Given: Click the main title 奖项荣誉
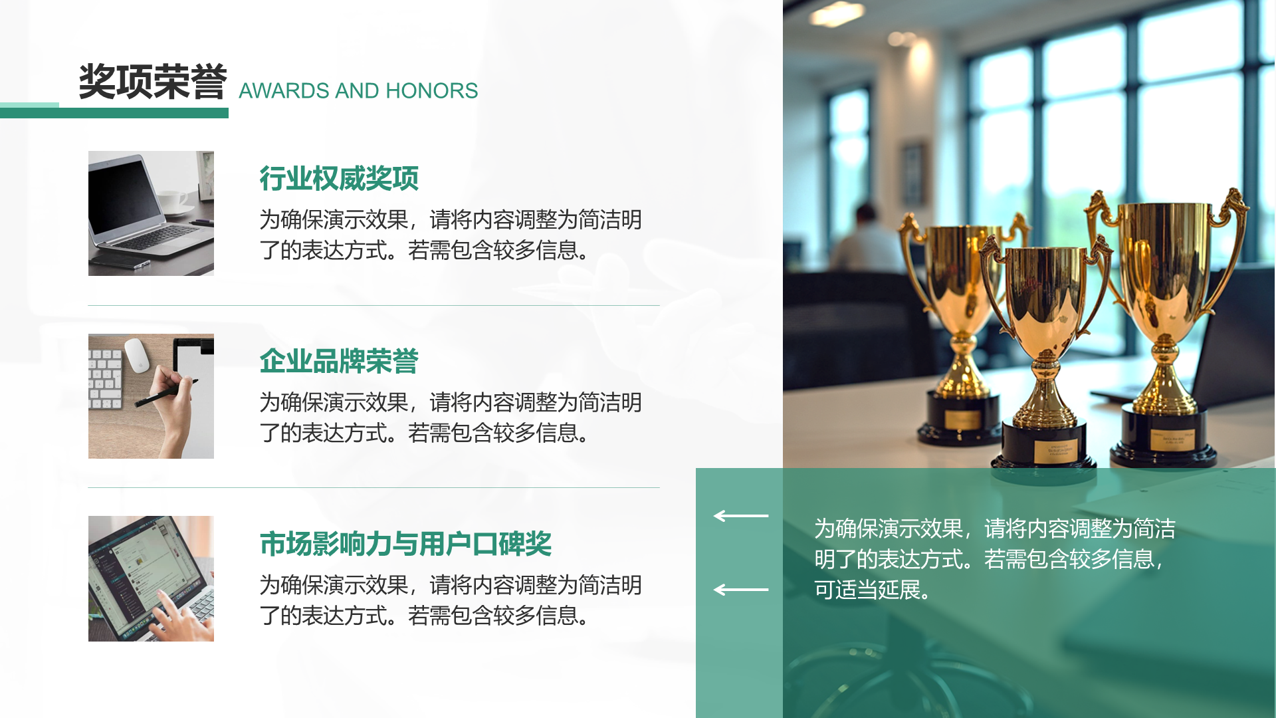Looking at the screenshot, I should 153,82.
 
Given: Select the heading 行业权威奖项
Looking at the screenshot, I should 339,178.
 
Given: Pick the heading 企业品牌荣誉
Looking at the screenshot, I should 339,361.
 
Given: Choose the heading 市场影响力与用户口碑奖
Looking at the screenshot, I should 405,544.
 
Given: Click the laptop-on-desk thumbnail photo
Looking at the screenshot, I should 151,213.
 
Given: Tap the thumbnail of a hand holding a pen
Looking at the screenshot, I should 151,396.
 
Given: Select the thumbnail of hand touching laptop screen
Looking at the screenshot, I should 151,578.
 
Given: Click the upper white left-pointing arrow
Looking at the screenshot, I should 740,516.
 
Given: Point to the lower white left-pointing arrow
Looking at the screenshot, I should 740,590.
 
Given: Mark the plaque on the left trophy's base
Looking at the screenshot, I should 962,419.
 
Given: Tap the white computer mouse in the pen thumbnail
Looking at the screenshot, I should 137,355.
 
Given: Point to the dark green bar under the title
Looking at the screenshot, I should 143,114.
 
